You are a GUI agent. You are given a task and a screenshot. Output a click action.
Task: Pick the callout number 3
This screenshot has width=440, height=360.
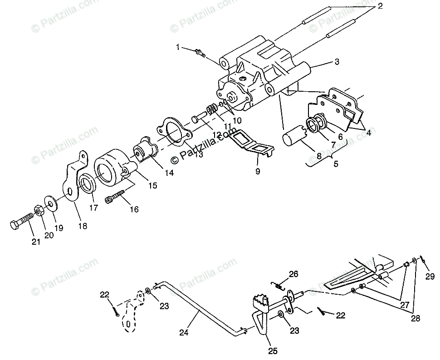(336, 62)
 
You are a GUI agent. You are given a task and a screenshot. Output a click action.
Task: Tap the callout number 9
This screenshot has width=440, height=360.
(258, 172)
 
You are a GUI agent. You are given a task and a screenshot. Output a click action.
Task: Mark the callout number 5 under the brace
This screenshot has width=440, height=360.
(336, 164)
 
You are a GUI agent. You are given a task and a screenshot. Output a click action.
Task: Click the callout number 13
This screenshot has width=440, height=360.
(198, 154)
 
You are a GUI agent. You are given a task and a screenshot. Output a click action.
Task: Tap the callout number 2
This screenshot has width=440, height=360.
(380, 6)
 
